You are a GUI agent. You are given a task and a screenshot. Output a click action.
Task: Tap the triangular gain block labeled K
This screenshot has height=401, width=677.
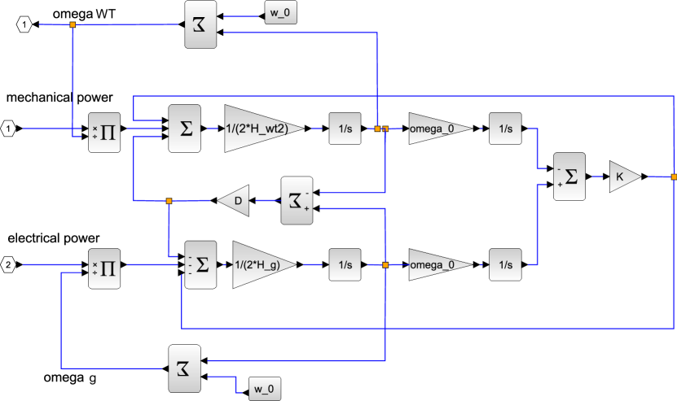pyautogui.click(x=622, y=177)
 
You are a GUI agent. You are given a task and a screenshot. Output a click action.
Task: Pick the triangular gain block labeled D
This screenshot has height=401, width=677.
pyautogui.click(x=235, y=200)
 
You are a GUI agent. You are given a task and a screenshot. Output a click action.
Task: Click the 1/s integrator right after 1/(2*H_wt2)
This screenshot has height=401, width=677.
pyautogui.click(x=345, y=129)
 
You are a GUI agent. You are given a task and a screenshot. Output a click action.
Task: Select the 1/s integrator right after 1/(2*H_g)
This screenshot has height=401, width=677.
pyautogui.click(x=345, y=265)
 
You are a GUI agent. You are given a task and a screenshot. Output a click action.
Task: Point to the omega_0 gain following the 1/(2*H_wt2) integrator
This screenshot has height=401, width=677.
pyautogui.click(x=437, y=129)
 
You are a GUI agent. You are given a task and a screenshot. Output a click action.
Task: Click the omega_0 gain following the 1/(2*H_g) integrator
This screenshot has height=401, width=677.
pyautogui.click(x=437, y=265)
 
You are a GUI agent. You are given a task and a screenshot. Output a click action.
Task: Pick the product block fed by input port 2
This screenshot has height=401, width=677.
pyautogui.click(x=104, y=265)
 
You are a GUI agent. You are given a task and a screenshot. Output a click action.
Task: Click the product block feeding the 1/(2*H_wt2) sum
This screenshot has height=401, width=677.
pyautogui.click(x=104, y=129)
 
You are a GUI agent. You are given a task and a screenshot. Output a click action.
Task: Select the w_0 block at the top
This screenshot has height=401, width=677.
pyautogui.click(x=281, y=15)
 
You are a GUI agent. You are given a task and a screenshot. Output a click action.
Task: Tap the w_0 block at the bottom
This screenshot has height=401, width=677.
pyautogui.click(x=262, y=389)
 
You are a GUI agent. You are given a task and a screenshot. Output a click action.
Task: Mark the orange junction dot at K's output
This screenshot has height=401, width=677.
pyautogui.click(x=673, y=177)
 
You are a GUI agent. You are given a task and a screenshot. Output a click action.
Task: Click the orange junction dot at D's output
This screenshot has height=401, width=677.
pyautogui.click(x=169, y=200)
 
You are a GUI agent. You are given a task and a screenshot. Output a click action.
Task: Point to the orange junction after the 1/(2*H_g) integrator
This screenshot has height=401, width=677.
pyautogui.click(x=385, y=265)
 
